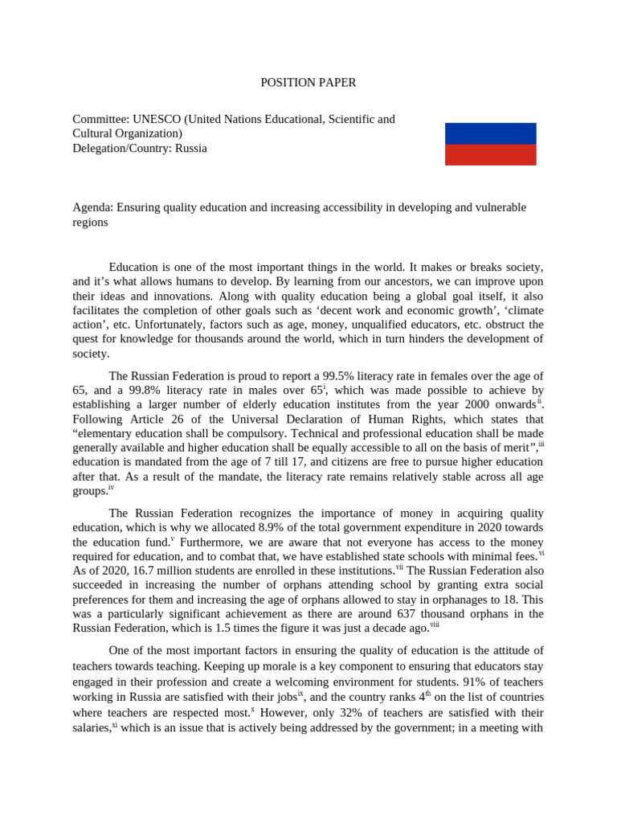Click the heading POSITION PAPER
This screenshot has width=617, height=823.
pyautogui.click(x=308, y=82)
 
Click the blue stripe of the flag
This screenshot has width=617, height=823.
pyautogui.click(x=490, y=133)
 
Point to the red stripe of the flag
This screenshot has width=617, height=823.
pyautogui.click(x=490, y=154)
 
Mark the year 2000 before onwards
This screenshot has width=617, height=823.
pyautogui.click(x=477, y=404)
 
